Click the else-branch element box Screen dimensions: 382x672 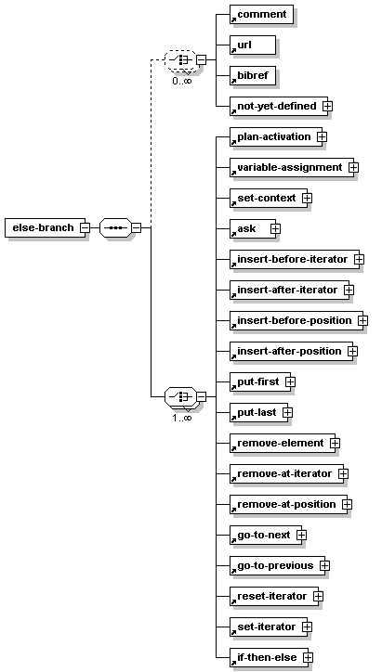tap(45, 227)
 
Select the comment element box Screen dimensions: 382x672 tap(261, 14)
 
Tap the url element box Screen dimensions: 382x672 tap(253, 45)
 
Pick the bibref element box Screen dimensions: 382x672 tap(253, 75)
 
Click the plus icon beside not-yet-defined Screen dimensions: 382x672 tap(327, 106)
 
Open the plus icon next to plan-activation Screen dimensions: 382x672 tap(322, 136)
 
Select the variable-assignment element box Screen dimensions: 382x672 tap(292, 167)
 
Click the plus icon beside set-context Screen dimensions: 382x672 tap(308, 198)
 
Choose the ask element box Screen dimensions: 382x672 tap(253, 228)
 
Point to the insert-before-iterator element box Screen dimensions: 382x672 tap(295, 259)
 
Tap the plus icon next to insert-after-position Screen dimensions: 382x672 tap(353, 351)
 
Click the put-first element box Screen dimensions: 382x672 tap(260, 381)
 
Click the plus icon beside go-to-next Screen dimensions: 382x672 tap(302, 535)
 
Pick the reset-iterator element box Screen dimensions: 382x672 tap(274, 596)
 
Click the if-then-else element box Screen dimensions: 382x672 tap(269, 657)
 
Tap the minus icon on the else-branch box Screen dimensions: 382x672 tap(86, 227)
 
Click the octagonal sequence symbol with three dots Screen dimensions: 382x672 tap(115, 227)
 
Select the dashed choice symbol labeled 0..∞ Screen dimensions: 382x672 tap(180, 60)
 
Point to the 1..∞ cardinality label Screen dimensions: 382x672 tap(182, 418)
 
